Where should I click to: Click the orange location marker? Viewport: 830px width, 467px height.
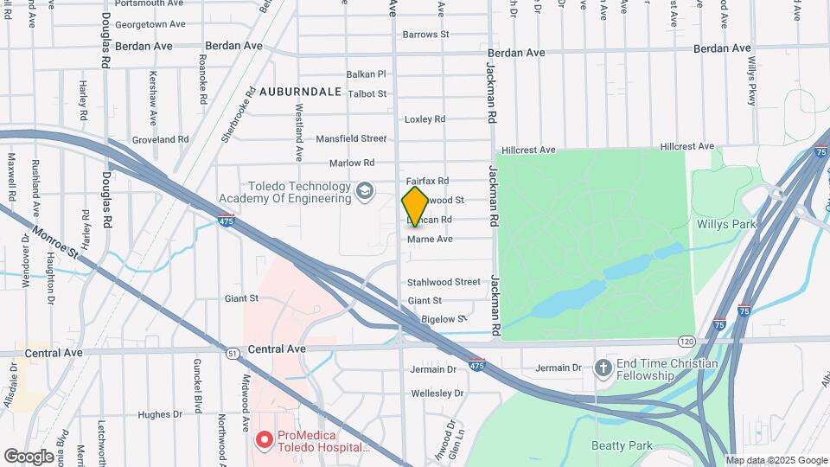(415, 206)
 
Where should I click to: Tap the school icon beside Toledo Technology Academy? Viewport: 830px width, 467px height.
(366, 189)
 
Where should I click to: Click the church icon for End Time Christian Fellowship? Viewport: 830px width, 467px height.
(603, 369)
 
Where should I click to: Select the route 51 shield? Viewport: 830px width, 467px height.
(233, 353)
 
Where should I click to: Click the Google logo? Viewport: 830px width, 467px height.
(29, 456)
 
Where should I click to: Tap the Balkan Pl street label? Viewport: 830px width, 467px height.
(366, 74)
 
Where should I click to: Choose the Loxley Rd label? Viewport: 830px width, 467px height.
(425, 118)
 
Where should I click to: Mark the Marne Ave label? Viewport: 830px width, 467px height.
(430, 239)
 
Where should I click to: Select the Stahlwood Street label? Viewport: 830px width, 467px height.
(444, 281)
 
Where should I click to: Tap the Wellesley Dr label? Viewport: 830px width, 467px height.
(437, 393)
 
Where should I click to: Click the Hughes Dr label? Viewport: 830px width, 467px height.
(160, 414)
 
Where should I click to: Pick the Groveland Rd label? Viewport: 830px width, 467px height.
(160, 139)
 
